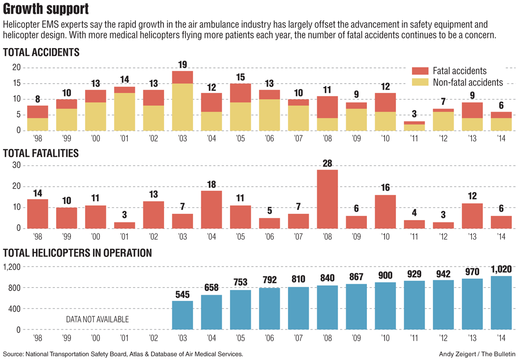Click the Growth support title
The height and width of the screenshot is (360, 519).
[x=46, y=9]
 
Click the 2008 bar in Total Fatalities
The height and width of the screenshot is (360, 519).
[x=327, y=199]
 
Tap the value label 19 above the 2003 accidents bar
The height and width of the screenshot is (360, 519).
[x=183, y=65]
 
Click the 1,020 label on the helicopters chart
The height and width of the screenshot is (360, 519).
[x=501, y=269]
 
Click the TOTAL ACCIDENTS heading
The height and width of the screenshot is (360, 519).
[x=41, y=52]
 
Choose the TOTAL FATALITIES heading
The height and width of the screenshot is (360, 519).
[x=41, y=153]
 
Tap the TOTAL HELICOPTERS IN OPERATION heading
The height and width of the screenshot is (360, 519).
[x=77, y=253]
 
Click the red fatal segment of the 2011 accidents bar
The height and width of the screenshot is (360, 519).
[x=414, y=122]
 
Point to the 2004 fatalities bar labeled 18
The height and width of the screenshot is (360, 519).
[x=211, y=209]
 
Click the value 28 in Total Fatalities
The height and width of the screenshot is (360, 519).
[x=327, y=163]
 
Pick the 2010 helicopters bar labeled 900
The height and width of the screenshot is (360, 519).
[x=385, y=306]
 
